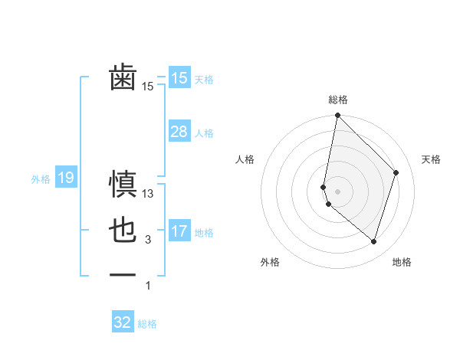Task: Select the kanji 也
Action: tap(123, 231)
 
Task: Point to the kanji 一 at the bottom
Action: tap(123, 274)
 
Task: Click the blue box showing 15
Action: tap(179, 78)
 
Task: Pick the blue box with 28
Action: tap(179, 132)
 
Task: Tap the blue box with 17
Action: tap(179, 231)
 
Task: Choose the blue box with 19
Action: tap(65, 178)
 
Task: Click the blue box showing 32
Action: tap(123, 322)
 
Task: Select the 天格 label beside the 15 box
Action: tap(204, 79)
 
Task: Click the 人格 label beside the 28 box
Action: tap(204, 133)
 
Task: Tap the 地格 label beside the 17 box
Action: tap(204, 232)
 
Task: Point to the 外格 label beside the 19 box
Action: tap(41, 179)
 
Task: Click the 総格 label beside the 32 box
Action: tap(148, 324)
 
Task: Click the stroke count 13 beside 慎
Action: tap(149, 195)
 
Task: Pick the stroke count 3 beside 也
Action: tap(148, 240)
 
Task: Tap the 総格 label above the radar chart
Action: tap(338, 100)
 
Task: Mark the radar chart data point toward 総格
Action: tap(337, 116)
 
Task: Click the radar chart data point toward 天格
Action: tap(396, 172)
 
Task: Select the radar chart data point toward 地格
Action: tap(373, 241)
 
